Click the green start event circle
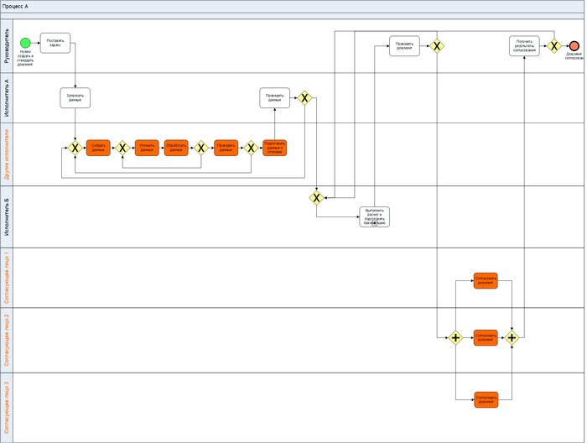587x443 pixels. coord(25,43)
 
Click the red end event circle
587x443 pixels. coord(574,46)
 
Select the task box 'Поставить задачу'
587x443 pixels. coord(55,43)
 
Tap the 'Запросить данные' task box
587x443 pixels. coord(75,98)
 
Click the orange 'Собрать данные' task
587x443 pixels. coord(98,148)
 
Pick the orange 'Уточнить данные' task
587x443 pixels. coord(147,148)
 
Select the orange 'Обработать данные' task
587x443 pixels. coord(176,148)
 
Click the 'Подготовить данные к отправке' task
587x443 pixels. coord(274,148)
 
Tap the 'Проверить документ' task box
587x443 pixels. coord(404,46)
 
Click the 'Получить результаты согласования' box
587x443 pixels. coord(524,46)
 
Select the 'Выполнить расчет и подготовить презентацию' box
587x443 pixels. coord(374,216)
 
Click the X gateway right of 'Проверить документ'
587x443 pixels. coord(437,46)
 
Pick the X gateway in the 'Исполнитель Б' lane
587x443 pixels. coord(316,198)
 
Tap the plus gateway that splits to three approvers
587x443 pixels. coord(455,338)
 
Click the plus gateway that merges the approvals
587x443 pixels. coord(512,338)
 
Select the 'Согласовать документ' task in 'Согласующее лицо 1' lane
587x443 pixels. coord(485,280)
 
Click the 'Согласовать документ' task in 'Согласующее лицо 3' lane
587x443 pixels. coord(485,399)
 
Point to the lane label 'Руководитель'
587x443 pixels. coord(8,47)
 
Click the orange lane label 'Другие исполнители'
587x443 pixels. coord(8,154)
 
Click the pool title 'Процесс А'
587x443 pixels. coord(15,6)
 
